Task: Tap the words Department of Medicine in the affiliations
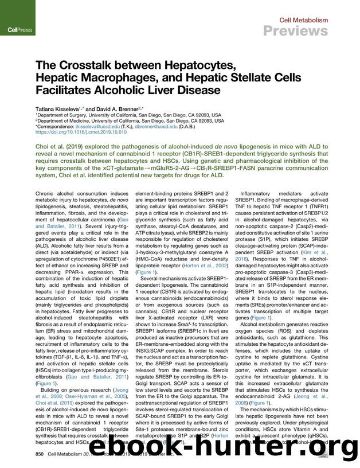pos(64,120)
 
